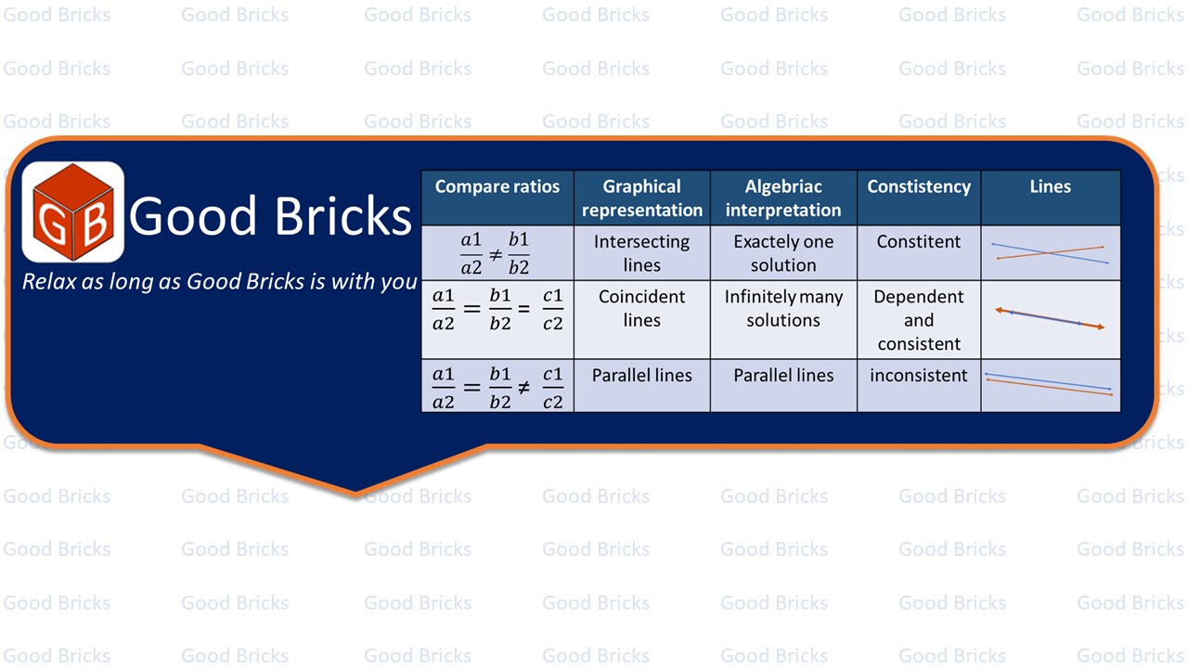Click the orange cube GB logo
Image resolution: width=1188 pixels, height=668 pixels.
tap(73, 212)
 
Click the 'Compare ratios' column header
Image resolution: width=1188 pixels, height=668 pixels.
tap(497, 186)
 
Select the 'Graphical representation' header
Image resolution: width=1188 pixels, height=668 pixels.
tap(641, 199)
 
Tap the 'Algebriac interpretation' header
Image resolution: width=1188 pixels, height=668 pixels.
tap(783, 199)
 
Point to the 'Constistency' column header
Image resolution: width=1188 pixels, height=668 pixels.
tap(919, 186)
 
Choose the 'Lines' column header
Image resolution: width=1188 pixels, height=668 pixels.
tap(1050, 186)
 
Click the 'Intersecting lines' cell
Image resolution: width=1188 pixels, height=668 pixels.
tap(641, 253)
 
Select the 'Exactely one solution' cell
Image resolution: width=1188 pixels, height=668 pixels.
tap(783, 253)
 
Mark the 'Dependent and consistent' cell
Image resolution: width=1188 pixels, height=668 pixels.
tap(919, 320)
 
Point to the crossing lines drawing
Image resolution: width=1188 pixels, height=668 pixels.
tap(1050, 254)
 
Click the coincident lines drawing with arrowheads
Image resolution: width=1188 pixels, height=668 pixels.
tap(1050, 318)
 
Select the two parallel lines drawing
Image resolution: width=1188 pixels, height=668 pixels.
tap(1049, 384)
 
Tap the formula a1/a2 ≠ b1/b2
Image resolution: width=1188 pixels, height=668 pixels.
tap(495, 254)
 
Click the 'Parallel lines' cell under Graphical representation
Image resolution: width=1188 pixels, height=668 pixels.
tap(641, 376)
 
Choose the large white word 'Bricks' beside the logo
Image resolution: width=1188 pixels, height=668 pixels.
tap(343, 215)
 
